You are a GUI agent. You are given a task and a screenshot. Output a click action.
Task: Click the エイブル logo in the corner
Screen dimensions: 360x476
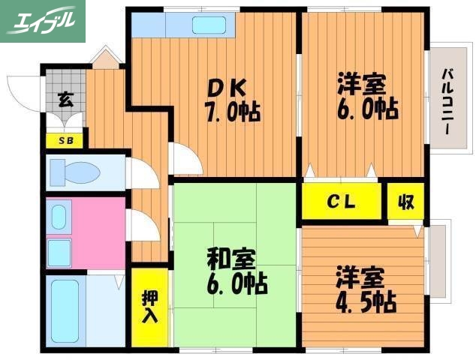pyautogui.click(x=41, y=20)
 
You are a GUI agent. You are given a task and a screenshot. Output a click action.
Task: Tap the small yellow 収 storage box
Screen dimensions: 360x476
pyautogui.click(x=406, y=202)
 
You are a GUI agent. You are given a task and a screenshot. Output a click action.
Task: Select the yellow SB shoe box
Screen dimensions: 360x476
pyautogui.click(x=65, y=139)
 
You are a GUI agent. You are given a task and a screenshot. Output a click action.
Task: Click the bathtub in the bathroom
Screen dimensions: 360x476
pyautogui.click(x=65, y=311)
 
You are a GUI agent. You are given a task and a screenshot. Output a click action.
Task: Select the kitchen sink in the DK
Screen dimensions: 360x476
pyautogui.click(x=214, y=24)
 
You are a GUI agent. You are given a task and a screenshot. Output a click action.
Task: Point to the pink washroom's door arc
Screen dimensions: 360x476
pyautogui.click(x=141, y=226)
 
